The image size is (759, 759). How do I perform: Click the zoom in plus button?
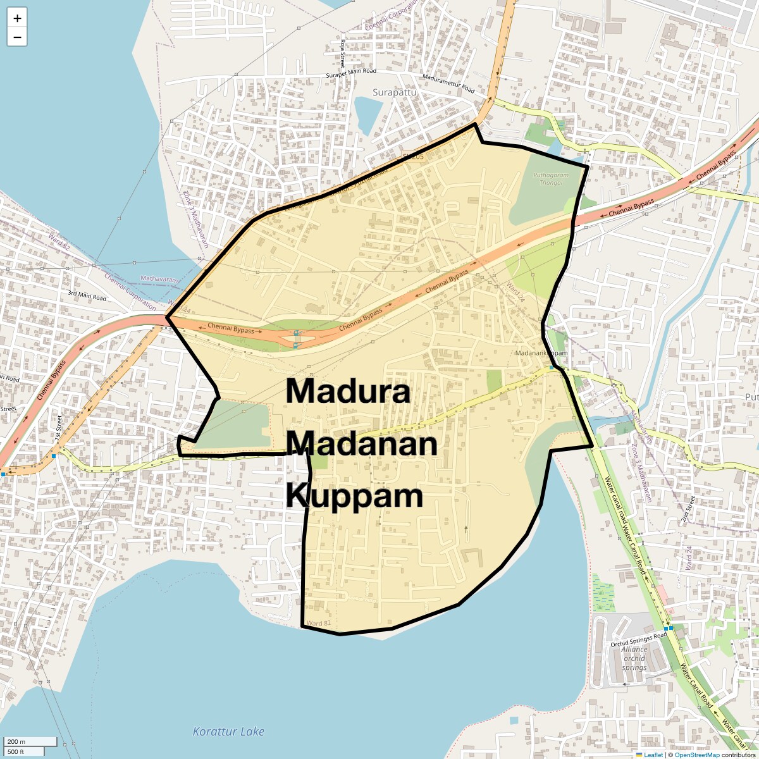17,18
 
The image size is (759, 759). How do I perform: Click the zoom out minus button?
17,37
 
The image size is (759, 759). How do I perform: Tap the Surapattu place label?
395,92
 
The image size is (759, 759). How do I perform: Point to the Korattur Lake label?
228,732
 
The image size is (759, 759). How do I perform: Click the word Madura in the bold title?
348,392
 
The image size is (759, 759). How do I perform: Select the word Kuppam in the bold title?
354,496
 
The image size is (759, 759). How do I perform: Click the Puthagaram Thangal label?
550,178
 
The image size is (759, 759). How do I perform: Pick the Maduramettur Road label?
448,83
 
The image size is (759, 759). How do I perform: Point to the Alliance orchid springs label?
634,658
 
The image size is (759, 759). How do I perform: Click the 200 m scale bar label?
17,741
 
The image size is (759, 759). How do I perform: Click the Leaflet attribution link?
653,755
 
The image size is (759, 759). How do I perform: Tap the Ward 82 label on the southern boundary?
318,624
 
